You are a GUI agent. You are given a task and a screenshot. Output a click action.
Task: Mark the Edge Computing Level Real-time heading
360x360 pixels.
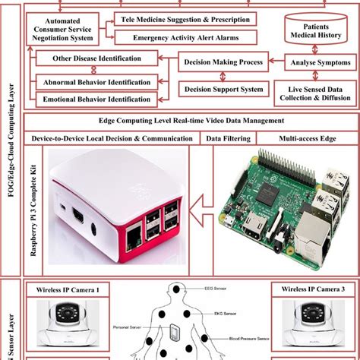(x=191, y=121)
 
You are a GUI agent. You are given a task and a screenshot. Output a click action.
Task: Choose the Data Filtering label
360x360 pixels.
(x=225, y=138)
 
